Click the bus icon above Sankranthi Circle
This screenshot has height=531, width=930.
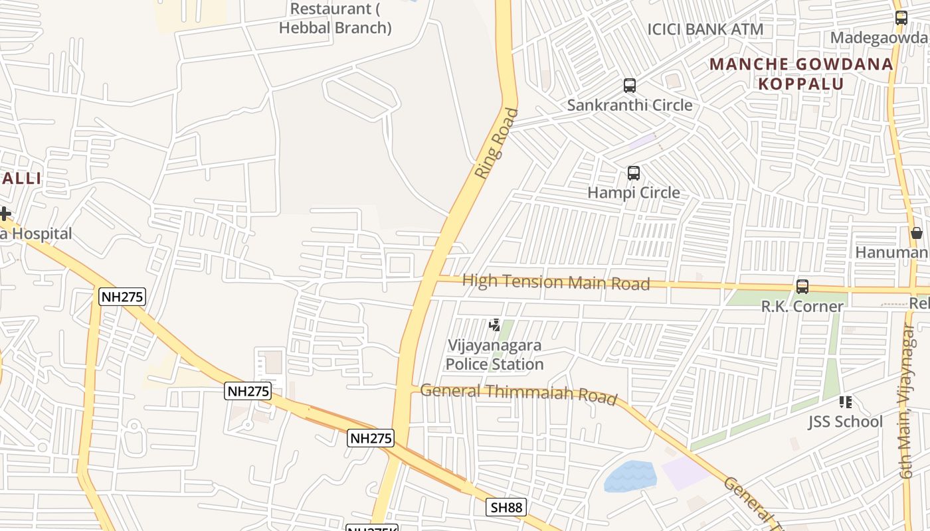pos(629,86)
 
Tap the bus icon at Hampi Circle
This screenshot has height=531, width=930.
pos(634,173)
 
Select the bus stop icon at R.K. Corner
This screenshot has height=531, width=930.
pos(802,287)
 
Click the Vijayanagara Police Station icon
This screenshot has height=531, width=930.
pos(494,325)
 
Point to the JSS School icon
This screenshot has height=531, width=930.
pos(845,402)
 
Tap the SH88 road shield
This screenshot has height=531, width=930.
pos(506,508)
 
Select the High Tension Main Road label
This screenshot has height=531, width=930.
pos(555,282)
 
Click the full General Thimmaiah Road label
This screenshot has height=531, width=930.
pos(519,393)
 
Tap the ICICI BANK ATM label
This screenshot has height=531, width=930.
pos(705,29)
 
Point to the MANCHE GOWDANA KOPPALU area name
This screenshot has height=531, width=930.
pos(801,74)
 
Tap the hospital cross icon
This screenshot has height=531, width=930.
pos(5,214)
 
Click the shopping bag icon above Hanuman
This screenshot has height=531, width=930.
pos(917,233)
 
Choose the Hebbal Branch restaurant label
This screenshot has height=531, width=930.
pos(335,19)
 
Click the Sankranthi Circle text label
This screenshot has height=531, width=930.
pos(629,105)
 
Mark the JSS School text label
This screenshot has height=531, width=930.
pos(845,421)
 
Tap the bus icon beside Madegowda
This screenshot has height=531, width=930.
pos(901,18)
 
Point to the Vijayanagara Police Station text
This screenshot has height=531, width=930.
pos(494,355)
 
